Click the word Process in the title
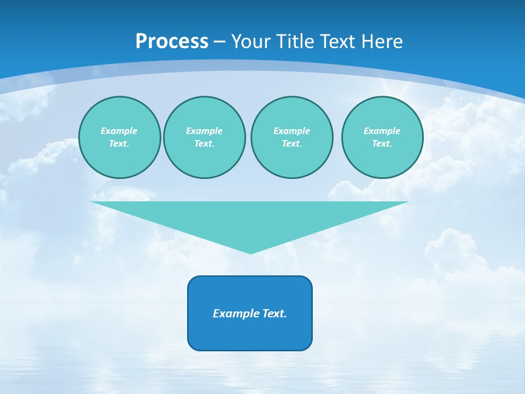(172, 42)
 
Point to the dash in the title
(219, 42)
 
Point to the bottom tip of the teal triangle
(250, 252)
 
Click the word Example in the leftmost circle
(119, 131)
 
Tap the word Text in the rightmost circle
(382, 143)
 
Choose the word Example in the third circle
(291, 131)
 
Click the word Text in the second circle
(204, 143)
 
